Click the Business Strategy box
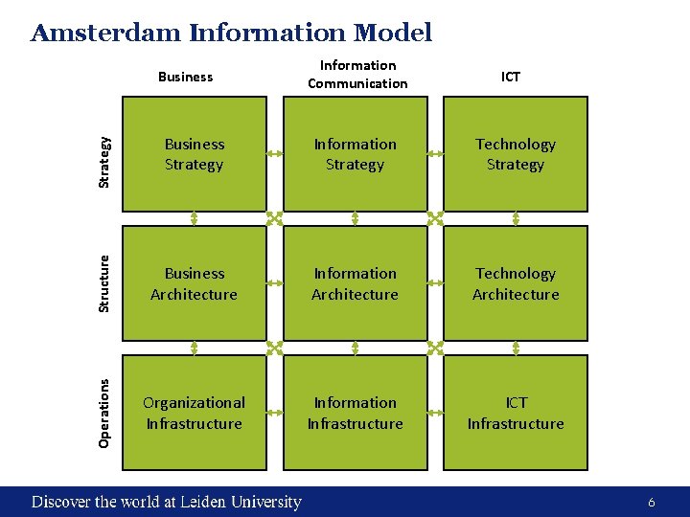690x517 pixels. click(x=194, y=154)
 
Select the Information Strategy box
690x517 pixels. click(x=355, y=154)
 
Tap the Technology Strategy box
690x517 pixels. click(x=516, y=154)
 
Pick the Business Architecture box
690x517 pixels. click(x=194, y=283)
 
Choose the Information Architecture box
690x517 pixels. click(x=355, y=283)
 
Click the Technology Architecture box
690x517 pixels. click(x=516, y=283)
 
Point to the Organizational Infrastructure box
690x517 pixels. click(x=194, y=413)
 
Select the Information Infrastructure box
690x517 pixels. click(x=355, y=413)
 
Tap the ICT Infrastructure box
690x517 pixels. click(x=516, y=413)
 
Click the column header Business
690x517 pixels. click(x=185, y=76)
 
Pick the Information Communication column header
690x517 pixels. click(x=357, y=75)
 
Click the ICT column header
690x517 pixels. click(x=511, y=76)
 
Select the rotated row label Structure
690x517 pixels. click(x=105, y=282)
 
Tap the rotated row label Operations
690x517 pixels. click(x=105, y=412)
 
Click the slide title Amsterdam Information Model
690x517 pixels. click(x=231, y=34)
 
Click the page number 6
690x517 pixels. click(x=652, y=503)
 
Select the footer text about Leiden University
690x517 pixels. click(x=167, y=502)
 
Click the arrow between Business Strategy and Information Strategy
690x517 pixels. click(x=274, y=151)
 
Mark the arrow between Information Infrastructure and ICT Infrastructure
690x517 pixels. click(x=435, y=412)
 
